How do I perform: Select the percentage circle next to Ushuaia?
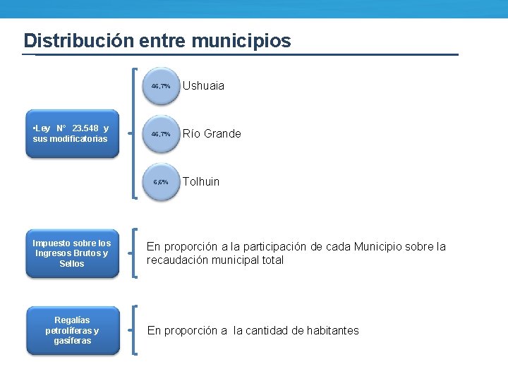click(x=161, y=86)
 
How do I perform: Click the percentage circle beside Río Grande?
click(x=161, y=134)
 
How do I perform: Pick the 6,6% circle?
click(x=161, y=182)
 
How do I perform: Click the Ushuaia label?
click(x=204, y=86)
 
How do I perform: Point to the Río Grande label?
click(x=212, y=134)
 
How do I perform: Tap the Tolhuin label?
click(x=201, y=182)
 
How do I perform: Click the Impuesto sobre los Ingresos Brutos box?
click(x=72, y=253)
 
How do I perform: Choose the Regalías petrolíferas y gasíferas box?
click(x=72, y=330)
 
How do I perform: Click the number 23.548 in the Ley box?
click(x=85, y=128)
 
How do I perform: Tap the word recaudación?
click(x=177, y=260)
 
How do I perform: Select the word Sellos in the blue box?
click(x=72, y=264)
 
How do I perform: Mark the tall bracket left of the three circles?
click(x=134, y=134)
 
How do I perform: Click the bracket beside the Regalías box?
click(x=134, y=330)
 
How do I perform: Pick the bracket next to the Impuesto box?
click(x=134, y=253)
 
